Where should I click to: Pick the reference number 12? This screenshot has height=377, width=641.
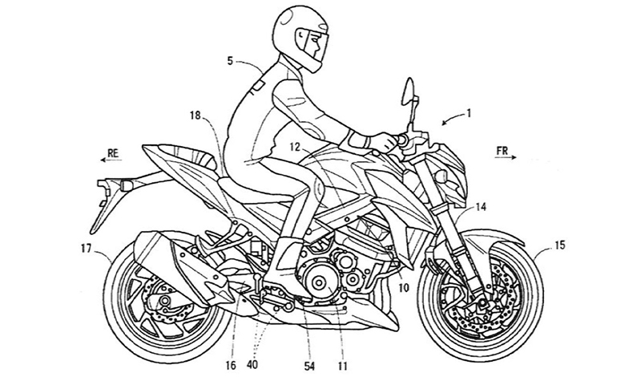click(296, 148)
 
